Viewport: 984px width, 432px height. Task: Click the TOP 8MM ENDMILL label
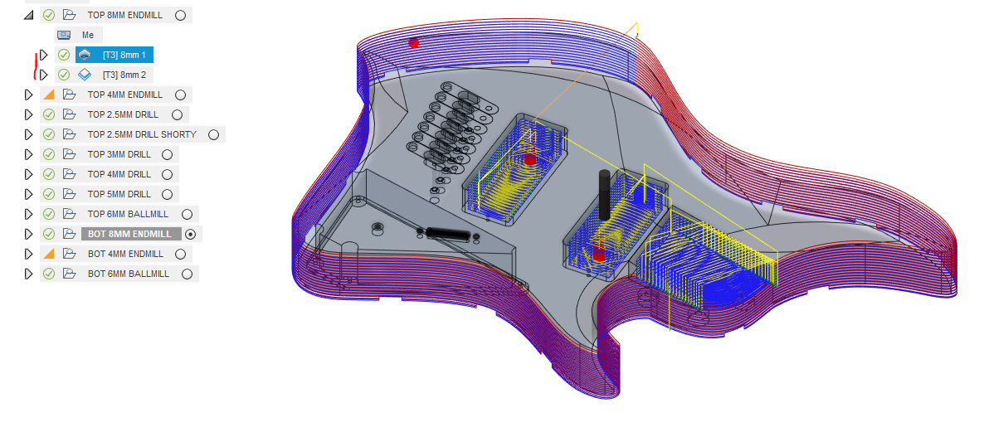(125, 15)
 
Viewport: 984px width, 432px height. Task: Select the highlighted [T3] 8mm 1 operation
(124, 56)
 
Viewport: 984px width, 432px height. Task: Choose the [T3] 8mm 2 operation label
(124, 75)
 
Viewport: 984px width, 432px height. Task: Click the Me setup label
(88, 35)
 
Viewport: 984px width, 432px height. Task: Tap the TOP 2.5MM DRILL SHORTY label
(142, 135)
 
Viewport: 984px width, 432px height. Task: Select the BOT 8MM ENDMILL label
(130, 234)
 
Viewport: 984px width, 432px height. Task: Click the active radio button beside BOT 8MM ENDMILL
(191, 234)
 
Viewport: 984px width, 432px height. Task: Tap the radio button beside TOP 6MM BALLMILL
(187, 215)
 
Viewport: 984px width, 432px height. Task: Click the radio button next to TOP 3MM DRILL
(167, 155)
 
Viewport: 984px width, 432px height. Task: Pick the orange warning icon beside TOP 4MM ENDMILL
(49, 95)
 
